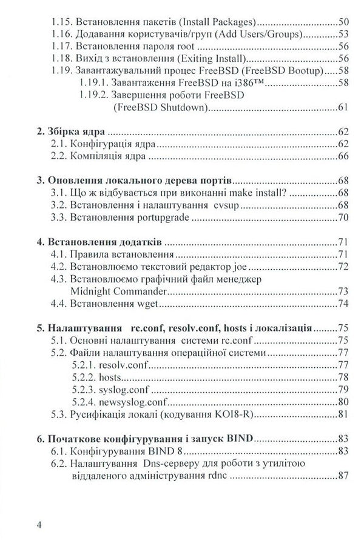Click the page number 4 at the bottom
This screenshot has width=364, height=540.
tap(39, 523)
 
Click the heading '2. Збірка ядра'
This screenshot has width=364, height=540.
tap(72, 130)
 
